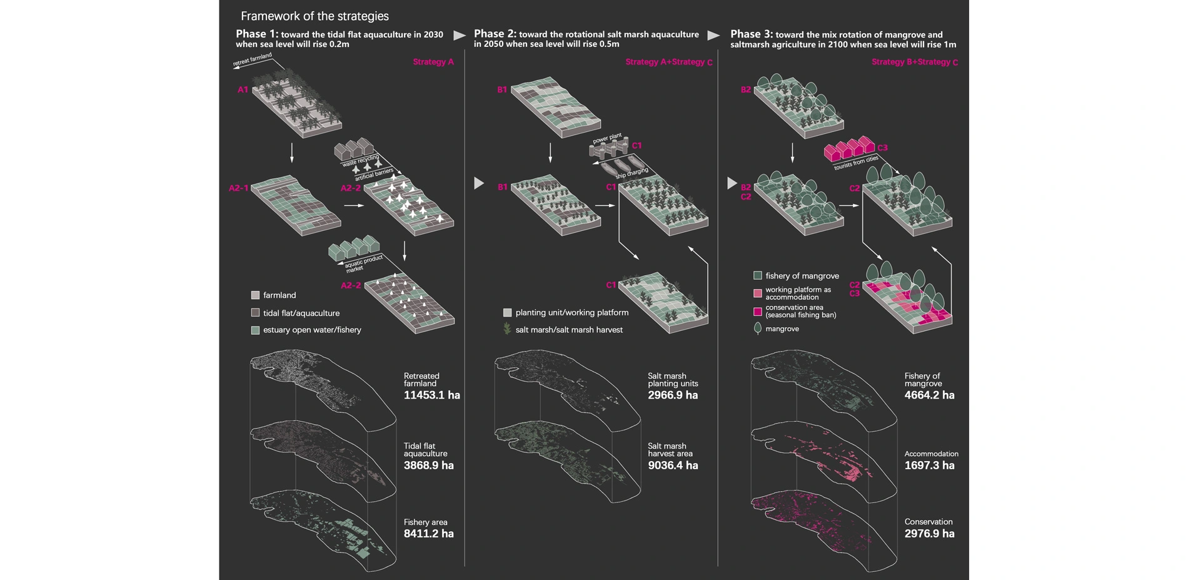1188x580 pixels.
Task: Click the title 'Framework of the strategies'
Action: [x=315, y=16]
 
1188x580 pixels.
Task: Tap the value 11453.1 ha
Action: [x=431, y=395]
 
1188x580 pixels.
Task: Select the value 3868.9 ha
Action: [x=428, y=466]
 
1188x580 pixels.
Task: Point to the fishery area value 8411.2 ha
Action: [x=428, y=534]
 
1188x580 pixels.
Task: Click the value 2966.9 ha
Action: [x=673, y=395]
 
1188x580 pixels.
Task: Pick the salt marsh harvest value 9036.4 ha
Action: [x=673, y=466]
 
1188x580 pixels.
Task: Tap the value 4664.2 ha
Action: [x=929, y=395]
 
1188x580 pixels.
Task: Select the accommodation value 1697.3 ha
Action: [x=929, y=466]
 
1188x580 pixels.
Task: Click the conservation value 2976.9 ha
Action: [x=929, y=534]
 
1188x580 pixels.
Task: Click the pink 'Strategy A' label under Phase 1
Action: [x=433, y=62]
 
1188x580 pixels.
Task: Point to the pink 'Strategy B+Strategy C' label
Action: [x=914, y=62]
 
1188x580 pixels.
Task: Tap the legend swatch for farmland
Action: [x=255, y=295]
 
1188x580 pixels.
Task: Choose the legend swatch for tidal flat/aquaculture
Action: [x=255, y=313]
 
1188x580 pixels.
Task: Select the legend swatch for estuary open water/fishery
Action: [x=255, y=330]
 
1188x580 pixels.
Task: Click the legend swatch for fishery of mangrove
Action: [x=758, y=275]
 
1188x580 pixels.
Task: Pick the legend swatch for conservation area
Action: [x=758, y=311]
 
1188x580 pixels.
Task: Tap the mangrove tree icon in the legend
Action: [x=758, y=328]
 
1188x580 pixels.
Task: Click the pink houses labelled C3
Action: [x=849, y=149]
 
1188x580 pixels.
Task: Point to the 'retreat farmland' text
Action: [x=253, y=60]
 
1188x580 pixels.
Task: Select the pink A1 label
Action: [x=243, y=90]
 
